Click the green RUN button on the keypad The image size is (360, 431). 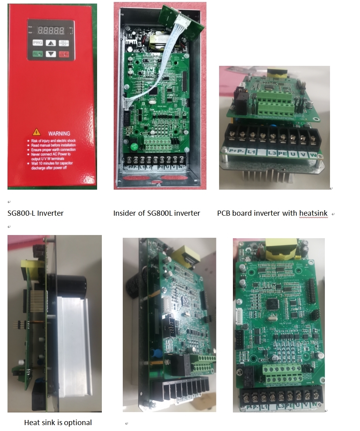tap(37, 54)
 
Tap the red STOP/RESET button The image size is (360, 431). tap(64, 54)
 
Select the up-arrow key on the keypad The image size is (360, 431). tap(51, 43)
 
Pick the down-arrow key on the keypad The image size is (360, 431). tap(51, 54)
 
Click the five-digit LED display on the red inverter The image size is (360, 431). tap(50, 30)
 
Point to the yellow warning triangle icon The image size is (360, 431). tap(36, 132)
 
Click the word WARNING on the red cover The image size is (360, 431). tap(59, 133)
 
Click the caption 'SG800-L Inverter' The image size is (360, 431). tap(36, 213)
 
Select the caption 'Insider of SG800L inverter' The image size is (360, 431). tap(156, 213)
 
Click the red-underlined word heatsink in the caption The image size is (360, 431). tap(313, 213)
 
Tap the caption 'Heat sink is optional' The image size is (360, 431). tap(58, 422)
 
